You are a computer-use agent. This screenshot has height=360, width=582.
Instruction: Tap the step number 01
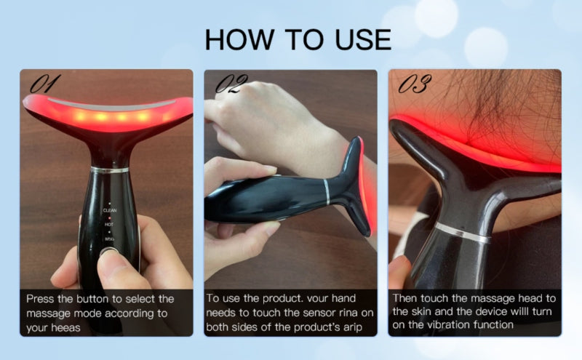coord(46,84)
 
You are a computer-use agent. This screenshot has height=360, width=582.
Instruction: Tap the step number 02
coord(231,84)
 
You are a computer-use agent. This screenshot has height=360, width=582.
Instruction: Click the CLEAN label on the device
coord(110,210)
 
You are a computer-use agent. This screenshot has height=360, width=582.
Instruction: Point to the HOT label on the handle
coord(109,225)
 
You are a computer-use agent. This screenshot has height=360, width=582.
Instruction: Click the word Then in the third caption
coord(406,299)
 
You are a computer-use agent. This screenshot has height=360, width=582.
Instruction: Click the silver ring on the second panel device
coord(326,192)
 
